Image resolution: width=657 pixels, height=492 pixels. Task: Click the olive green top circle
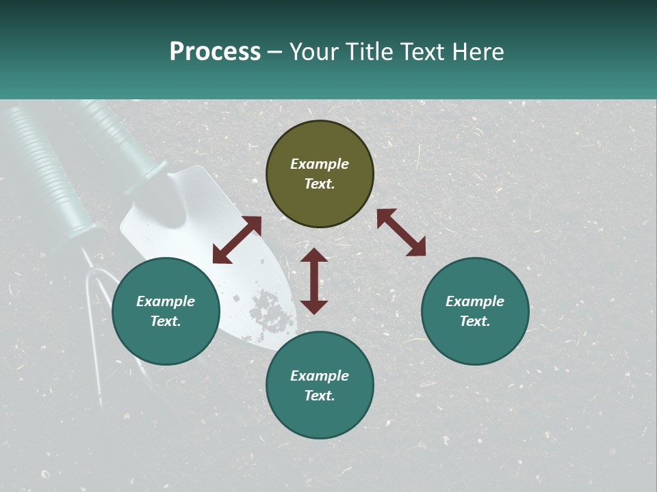coord(320,174)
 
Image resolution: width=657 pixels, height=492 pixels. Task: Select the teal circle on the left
coord(166,312)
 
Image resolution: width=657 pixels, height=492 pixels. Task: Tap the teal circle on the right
coord(475,312)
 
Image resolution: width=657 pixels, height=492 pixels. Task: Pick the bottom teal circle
coord(320,385)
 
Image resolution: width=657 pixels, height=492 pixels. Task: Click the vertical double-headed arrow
coord(314,281)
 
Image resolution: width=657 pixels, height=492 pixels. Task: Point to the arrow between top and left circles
coord(237,240)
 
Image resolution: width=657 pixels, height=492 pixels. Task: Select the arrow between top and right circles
coord(401,232)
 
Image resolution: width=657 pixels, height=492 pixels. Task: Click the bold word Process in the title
coord(215,52)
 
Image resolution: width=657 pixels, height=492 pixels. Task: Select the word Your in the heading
coord(314,52)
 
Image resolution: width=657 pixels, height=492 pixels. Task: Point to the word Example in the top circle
coord(320,164)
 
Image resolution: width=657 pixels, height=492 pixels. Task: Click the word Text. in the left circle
coord(166,321)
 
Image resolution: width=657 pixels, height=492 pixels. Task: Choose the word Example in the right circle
coord(475,301)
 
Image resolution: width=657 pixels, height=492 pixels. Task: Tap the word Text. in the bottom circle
coord(320,396)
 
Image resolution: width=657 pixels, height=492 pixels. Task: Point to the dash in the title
coord(275,52)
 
